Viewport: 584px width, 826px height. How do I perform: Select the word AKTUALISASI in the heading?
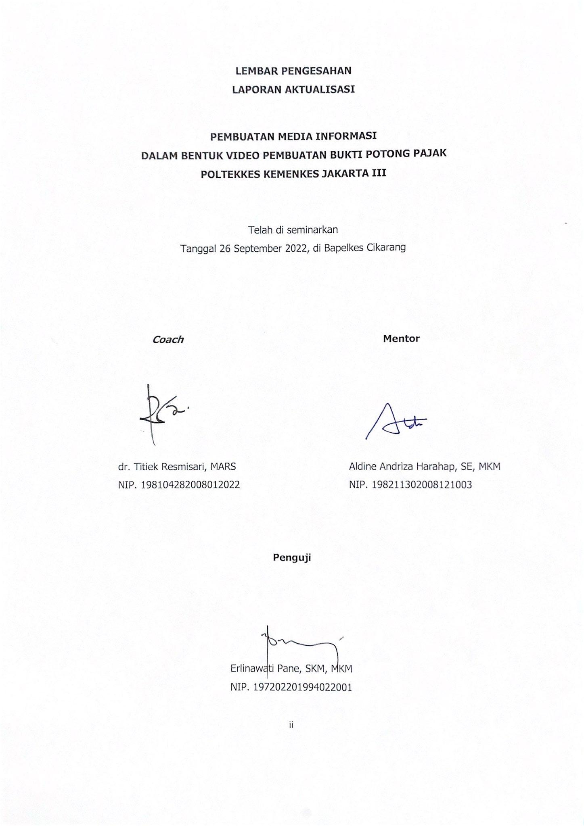click(320, 90)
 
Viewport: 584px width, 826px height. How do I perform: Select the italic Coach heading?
click(168, 340)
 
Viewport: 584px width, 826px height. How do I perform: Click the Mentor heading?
click(401, 338)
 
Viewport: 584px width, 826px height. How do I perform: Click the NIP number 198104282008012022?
click(190, 485)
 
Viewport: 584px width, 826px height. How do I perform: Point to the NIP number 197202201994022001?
click(302, 687)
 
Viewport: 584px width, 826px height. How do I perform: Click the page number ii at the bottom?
click(291, 725)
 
